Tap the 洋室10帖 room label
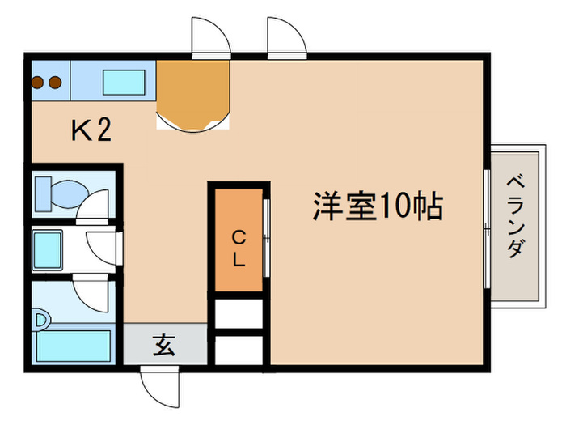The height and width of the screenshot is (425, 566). tap(378, 207)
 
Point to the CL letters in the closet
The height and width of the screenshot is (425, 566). tap(239, 249)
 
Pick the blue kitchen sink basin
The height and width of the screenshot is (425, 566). tap(124, 83)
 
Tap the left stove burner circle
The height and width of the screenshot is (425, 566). tap(38, 82)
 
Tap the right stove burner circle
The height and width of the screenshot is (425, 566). tap(54, 82)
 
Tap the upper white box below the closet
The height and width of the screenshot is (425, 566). tap(239, 312)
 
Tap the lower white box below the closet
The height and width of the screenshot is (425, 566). tap(239, 349)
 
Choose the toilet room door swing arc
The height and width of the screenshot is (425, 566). tap(97, 204)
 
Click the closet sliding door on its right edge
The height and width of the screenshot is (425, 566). tap(266, 240)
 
